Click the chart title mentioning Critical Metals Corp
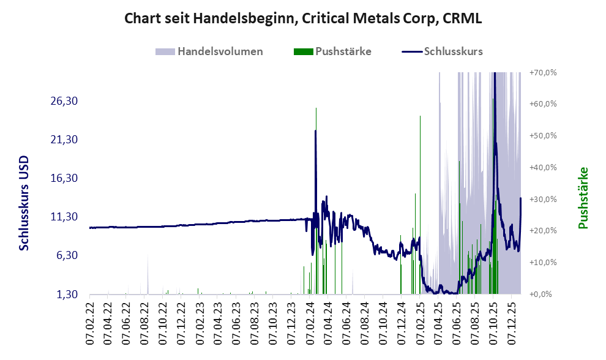(302, 18)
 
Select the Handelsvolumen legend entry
(220, 51)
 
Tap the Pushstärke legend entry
(343, 51)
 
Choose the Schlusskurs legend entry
(453, 51)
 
